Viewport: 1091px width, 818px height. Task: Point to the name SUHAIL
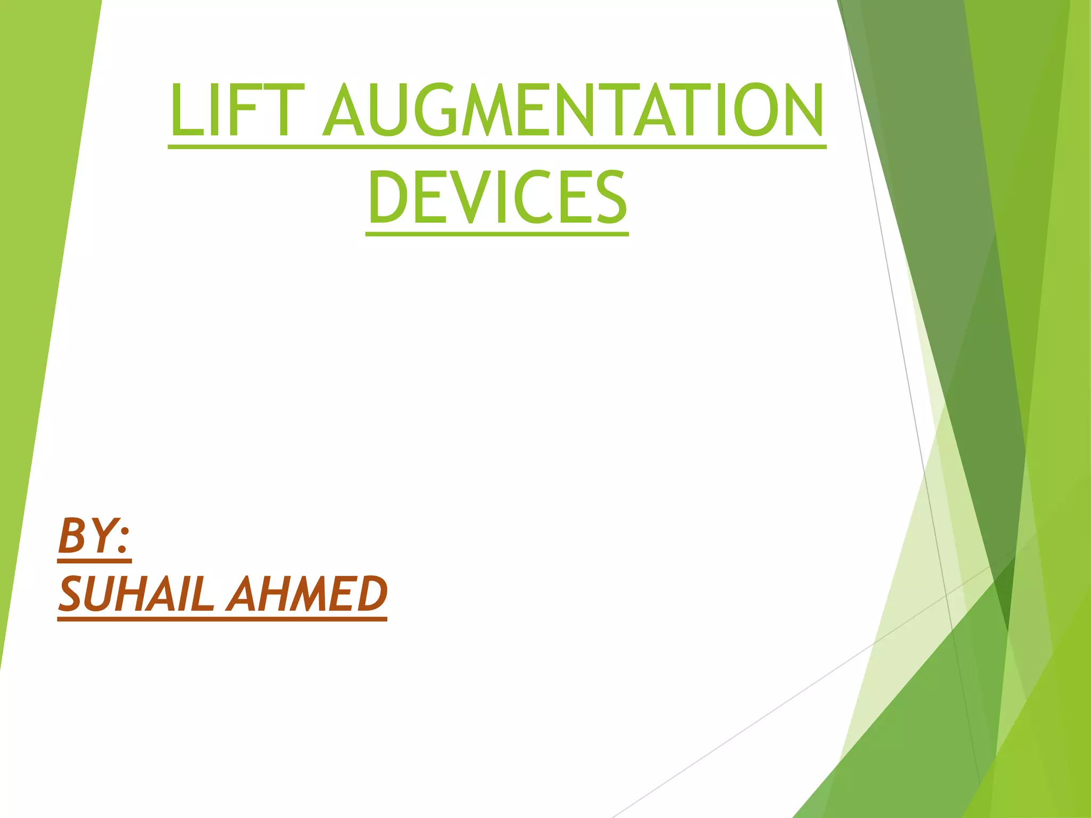tap(136, 594)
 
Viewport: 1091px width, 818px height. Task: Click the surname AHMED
tap(307, 594)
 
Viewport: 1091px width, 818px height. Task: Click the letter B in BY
tap(72, 535)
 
